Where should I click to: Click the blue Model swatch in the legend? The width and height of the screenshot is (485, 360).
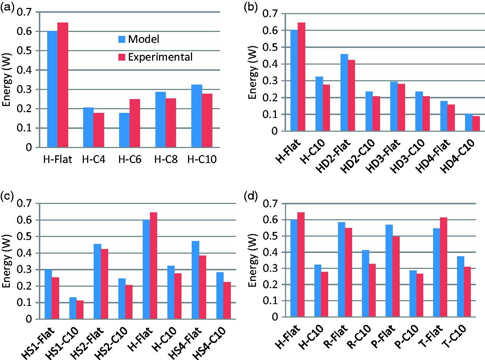coord(122,39)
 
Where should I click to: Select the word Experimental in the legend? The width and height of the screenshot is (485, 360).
coord(160,57)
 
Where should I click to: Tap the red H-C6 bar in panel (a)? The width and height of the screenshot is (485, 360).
coord(135,123)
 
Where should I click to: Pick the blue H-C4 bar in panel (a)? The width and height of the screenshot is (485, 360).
coord(88,127)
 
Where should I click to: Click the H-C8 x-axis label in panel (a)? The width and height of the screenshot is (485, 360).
coord(166,159)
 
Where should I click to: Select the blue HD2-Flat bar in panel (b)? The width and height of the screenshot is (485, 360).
coord(344,93)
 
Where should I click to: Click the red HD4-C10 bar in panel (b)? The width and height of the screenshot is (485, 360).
coord(476,123)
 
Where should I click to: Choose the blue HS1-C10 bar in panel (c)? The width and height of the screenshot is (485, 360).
coord(73,308)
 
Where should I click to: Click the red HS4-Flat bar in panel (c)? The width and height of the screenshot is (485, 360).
coord(203,287)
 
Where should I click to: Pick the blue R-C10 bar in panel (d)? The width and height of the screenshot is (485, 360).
coord(366,283)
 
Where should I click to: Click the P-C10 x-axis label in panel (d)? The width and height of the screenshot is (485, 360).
coord(406,338)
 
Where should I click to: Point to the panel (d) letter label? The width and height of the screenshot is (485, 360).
coord(250,196)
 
